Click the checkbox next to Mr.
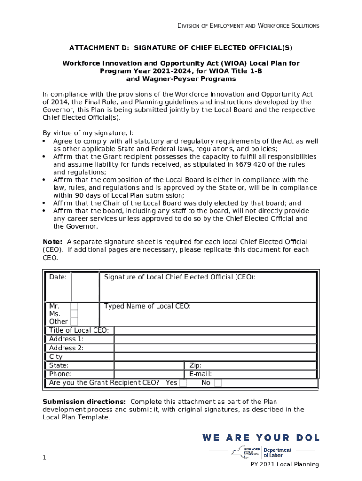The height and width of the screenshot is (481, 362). pos(74,306)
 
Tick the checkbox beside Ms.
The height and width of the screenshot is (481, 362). pos(74,314)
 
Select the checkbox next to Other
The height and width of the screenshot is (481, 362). pos(74,322)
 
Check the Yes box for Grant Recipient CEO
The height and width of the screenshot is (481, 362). pos(183,383)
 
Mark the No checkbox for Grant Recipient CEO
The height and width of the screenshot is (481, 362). pos(218,383)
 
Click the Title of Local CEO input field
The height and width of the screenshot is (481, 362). pos(215,330)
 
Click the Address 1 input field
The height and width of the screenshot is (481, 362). pos(215,339)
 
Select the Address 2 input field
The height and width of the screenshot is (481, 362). pos(215,348)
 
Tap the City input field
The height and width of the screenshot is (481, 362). pos(215,357)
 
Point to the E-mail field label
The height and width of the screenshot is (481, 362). pos(200,374)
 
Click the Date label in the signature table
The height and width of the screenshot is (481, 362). pos(58,277)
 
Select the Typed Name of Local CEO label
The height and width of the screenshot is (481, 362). pos(147,306)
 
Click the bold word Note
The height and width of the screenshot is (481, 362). pos(52,241)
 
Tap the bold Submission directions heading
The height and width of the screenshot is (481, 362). pos(84,402)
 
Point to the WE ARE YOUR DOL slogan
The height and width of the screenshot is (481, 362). pos(261,438)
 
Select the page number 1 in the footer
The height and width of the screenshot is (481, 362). pos(44,458)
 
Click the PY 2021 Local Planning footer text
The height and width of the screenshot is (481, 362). pos(284,465)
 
